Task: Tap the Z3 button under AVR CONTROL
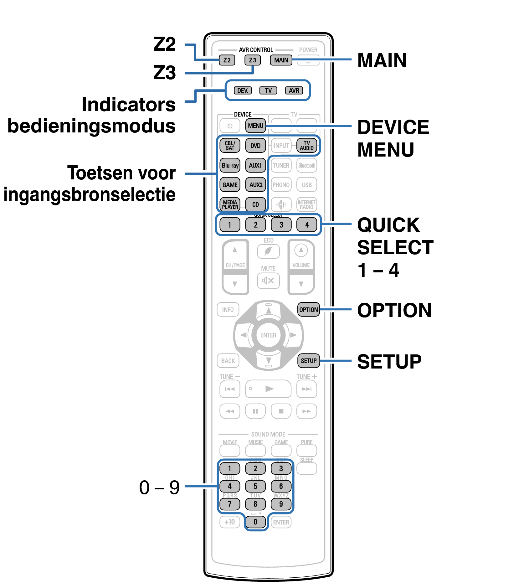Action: point(252,60)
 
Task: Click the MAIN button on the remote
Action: point(281,60)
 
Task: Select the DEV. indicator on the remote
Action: point(243,90)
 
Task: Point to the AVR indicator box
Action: point(294,90)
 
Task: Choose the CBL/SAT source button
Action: point(230,146)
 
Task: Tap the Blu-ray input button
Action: point(230,165)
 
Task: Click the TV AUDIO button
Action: point(306,146)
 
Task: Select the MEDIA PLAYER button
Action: point(230,204)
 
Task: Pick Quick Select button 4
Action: point(306,224)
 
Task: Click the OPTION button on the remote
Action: point(308,310)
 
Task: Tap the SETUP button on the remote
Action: point(308,361)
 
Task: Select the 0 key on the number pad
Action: point(255,522)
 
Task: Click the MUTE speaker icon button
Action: point(268,281)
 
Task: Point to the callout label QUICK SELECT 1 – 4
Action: point(395,247)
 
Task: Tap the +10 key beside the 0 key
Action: point(230,522)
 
